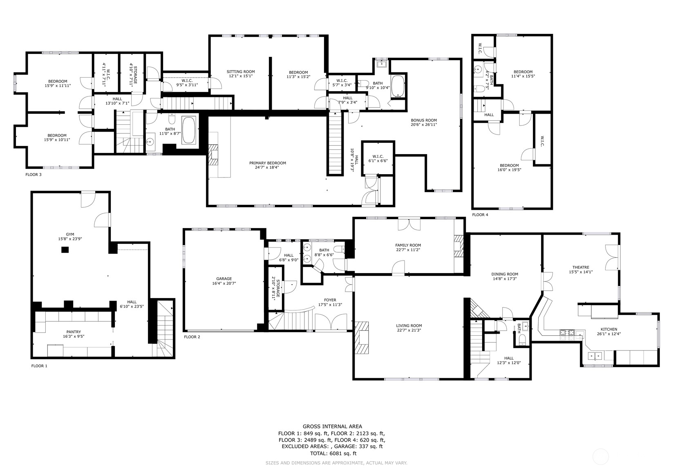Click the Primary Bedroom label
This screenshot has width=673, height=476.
(x=268, y=163)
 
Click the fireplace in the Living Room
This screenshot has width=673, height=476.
(x=362, y=338)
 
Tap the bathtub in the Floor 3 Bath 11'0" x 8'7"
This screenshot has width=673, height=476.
(x=188, y=130)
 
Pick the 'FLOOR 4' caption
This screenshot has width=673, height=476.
(x=480, y=215)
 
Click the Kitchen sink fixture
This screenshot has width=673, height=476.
(x=595, y=355)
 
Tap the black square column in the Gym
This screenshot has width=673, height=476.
(x=65, y=250)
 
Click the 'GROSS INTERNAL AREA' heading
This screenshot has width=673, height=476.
(x=332, y=427)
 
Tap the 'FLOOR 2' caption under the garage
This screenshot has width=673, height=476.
(x=192, y=337)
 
